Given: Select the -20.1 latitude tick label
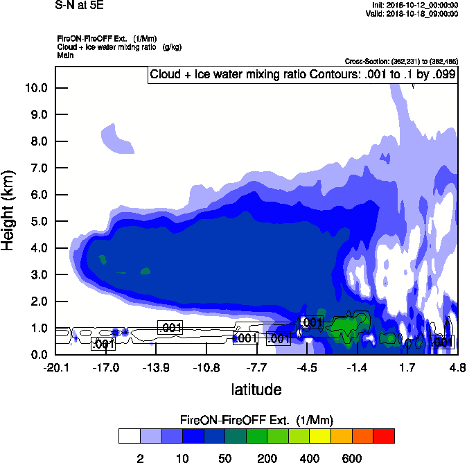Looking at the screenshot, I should (x=55, y=367).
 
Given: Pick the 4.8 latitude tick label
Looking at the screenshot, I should (x=457, y=367).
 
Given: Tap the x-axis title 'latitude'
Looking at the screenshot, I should (x=256, y=390).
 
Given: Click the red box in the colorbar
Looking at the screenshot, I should (x=383, y=435).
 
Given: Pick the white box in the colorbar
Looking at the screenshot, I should (x=129, y=435).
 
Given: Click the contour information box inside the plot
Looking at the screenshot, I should (x=303, y=75).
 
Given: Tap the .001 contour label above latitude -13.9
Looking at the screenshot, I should (x=170, y=327).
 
